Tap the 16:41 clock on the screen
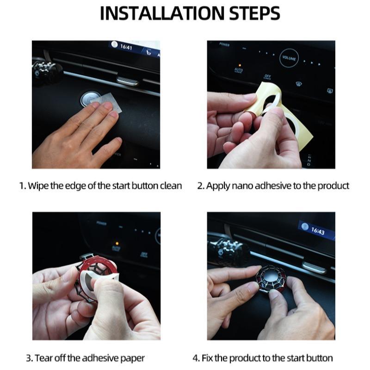[x=126, y=47]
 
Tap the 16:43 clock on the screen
[x=317, y=230]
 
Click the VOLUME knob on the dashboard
[x=290, y=59]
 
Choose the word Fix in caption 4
[x=207, y=358]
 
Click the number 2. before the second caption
[x=201, y=186]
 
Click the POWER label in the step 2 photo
[x=224, y=45]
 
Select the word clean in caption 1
[x=172, y=186]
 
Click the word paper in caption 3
[x=134, y=358]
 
